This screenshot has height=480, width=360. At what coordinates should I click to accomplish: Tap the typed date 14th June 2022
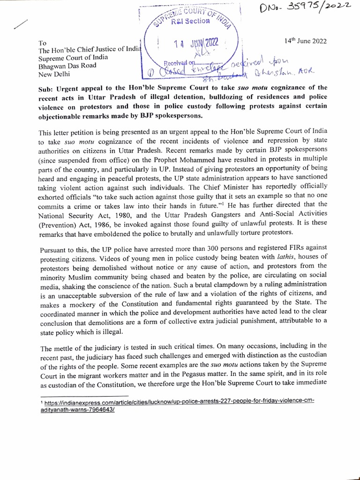306,41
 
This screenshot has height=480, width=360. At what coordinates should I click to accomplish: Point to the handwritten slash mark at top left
22,26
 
